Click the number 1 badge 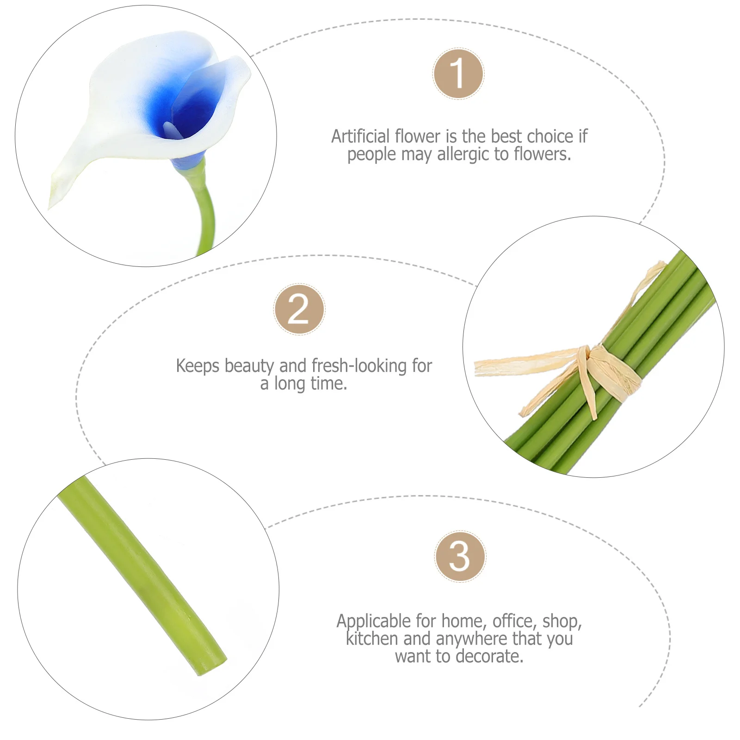[458, 74]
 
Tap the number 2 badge [299, 309]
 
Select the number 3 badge [460, 556]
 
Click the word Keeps [197, 366]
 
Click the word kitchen [372, 639]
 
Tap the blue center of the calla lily [185, 111]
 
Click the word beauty [249, 366]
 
